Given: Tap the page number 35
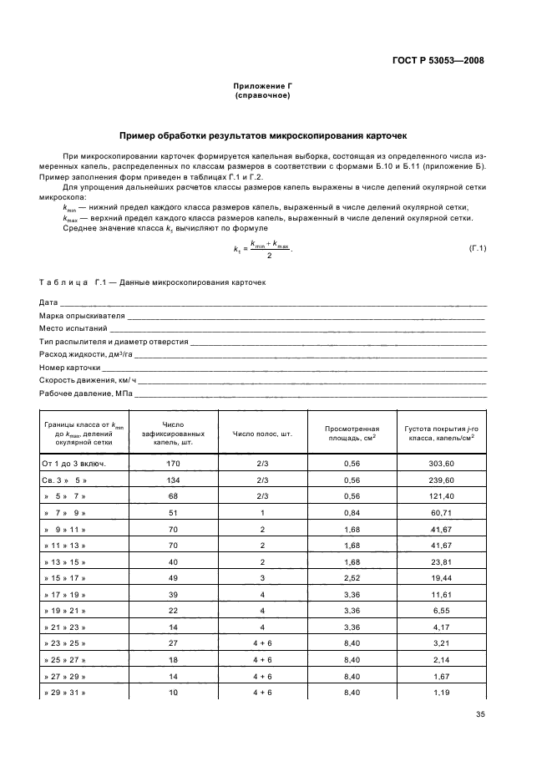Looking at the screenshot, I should [479, 713].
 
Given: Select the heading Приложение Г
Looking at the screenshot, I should [263, 87].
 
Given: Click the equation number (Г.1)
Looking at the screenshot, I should [478, 249].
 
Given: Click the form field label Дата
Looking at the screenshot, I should [48, 302].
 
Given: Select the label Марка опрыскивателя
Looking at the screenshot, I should [82, 316].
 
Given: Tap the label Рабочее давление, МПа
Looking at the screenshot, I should [86, 393].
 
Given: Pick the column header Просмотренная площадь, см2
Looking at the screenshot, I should [351, 432].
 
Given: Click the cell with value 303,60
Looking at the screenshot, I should [438, 463].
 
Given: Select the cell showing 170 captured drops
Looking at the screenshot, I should [174, 463].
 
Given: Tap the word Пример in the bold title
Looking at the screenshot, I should [139, 135].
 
